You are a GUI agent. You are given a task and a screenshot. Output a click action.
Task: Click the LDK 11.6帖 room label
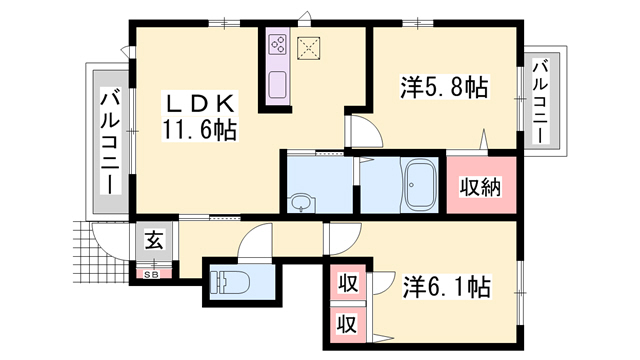click(200, 117)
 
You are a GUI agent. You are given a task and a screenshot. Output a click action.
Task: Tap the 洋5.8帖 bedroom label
click(444, 87)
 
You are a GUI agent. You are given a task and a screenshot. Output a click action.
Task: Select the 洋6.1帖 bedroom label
click(447, 287)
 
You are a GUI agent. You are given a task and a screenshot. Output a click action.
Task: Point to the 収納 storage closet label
click(481, 187)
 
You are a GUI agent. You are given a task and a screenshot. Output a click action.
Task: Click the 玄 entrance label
click(155, 240)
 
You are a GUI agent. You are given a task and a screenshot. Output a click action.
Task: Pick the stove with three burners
click(278, 44)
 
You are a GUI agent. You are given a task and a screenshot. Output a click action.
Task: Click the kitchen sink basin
click(278, 84)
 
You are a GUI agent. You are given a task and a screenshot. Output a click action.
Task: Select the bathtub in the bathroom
click(419, 185)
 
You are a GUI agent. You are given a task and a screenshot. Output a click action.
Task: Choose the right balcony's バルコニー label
click(540, 101)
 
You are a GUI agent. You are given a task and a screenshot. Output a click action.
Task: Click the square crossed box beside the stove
click(308, 49)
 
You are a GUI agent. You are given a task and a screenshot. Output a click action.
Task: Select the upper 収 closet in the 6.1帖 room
click(347, 283)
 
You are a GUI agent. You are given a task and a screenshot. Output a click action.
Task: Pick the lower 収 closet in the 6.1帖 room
click(347, 324)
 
